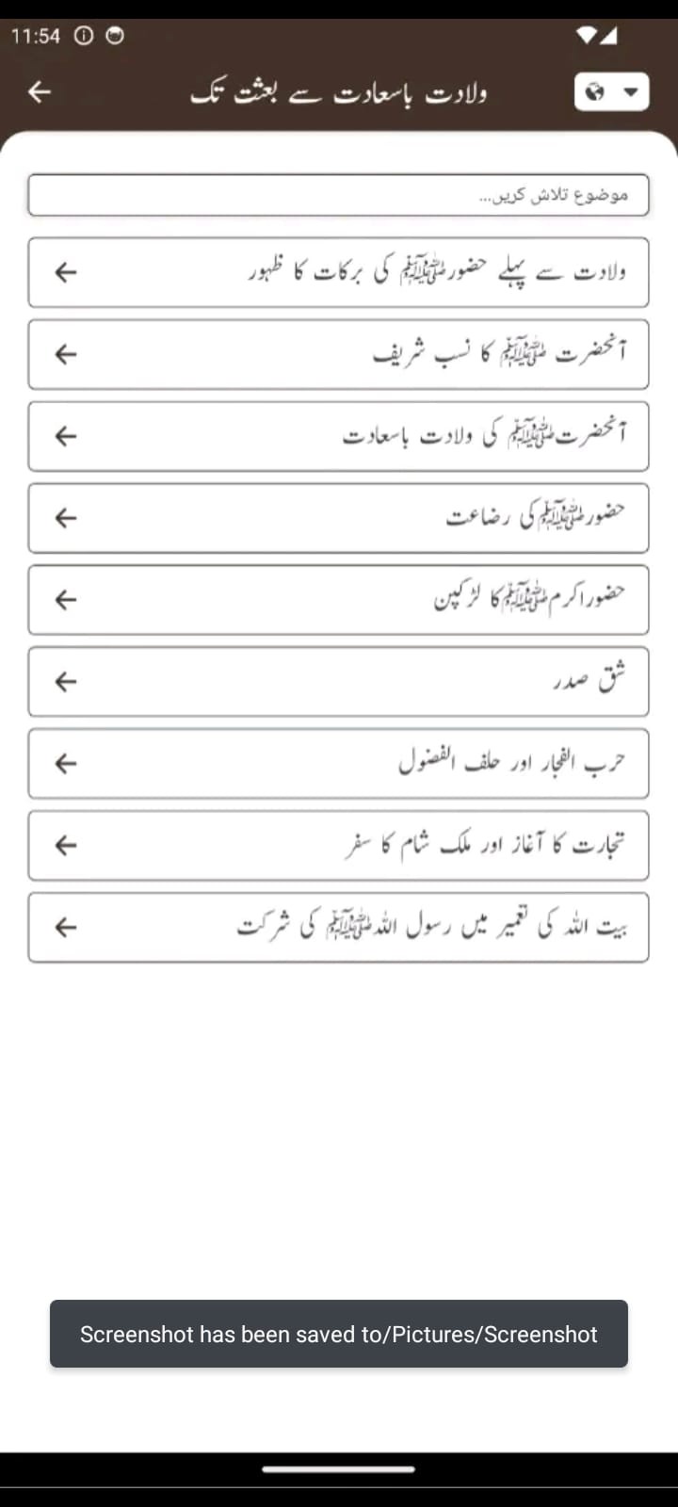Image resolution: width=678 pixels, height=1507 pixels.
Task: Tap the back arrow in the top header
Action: (x=40, y=91)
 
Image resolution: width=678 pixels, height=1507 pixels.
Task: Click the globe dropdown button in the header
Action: (x=611, y=92)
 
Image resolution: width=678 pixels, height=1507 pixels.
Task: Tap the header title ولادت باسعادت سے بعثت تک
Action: (x=339, y=92)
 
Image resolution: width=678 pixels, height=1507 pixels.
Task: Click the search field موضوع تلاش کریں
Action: (x=339, y=195)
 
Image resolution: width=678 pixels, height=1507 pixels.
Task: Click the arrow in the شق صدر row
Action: (x=65, y=681)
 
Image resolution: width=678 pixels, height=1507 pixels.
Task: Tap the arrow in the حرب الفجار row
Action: (x=65, y=763)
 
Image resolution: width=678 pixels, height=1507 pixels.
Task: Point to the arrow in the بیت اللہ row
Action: (x=65, y=927)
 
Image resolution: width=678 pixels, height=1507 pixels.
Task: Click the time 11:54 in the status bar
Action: (x=36, y=36)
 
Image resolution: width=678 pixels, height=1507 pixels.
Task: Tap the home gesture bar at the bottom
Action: (x=339, y=1468)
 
